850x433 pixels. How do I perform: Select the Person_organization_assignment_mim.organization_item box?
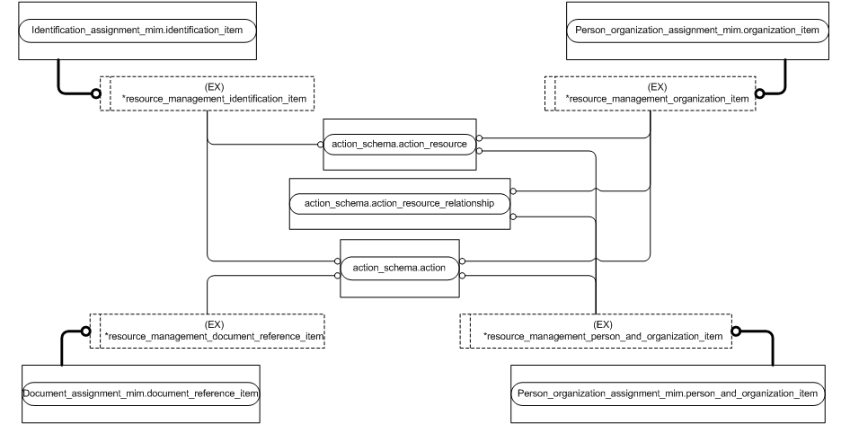697,30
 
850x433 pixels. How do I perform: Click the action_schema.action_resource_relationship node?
399,203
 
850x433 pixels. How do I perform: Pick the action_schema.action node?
399,268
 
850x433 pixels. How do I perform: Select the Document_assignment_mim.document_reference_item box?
140,393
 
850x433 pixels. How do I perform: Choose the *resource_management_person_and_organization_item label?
602,336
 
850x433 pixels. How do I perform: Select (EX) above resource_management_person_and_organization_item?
603,324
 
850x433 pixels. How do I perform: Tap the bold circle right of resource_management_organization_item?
760,92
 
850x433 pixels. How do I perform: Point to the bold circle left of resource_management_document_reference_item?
85,331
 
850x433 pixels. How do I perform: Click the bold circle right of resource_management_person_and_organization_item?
737,331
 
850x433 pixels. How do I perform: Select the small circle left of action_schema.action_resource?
318,145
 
